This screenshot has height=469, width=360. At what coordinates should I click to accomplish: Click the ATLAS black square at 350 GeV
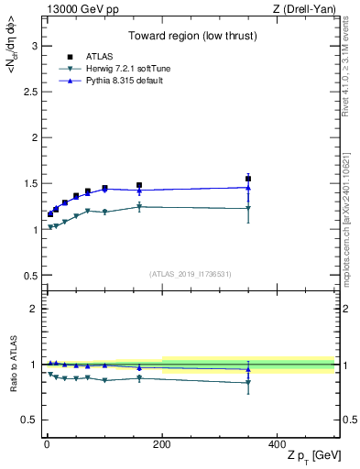(248, 179)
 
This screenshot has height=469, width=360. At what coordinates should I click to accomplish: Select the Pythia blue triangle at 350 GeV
(248, 187)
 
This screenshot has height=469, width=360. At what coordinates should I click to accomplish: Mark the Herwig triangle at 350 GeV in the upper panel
(248, 208)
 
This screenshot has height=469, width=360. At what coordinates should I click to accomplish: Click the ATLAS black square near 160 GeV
(139, 185)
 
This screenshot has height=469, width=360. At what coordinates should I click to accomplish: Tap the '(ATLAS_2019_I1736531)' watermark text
(191, 274)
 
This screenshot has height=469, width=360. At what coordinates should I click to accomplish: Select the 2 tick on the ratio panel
(36, 309)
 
